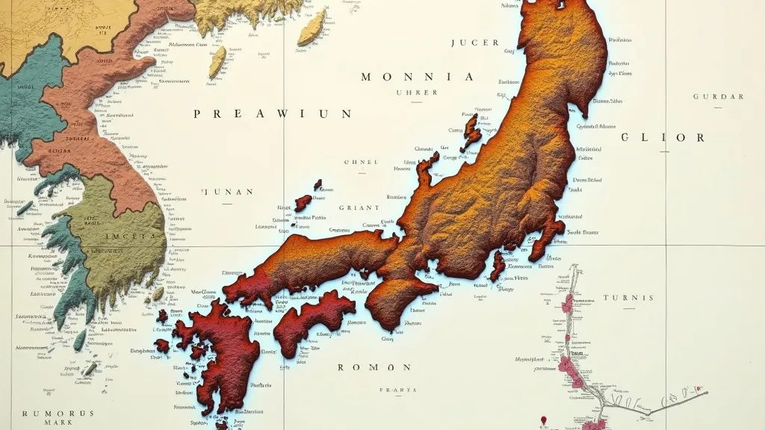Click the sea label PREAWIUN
click(272, 114)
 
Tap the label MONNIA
click(417, 77)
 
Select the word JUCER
click(475, 43)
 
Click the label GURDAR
click(719, 97)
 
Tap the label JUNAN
click(227, 192)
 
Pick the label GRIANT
click(359, 208)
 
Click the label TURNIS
click(629, 298)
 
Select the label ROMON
click(374, 367)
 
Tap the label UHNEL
click(361, 162)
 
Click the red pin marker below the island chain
click(544, 420)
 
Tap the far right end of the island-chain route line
click(707, 393)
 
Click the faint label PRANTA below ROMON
click(397, 390)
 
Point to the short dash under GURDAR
click(717, 107)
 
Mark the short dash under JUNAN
click(227, 202)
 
